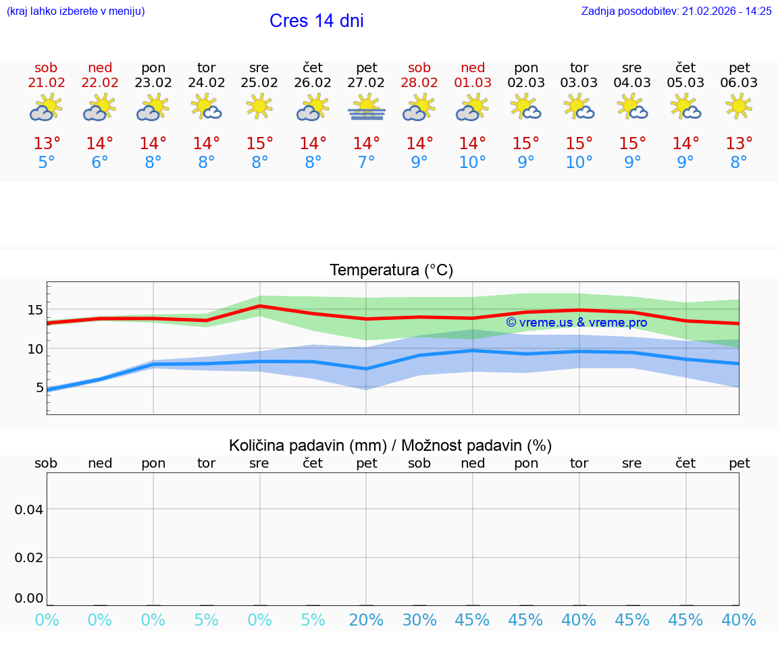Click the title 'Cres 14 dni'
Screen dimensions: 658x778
click(316, 21)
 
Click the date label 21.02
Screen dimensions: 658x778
click(46, 83)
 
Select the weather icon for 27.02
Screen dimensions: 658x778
click(367, 108)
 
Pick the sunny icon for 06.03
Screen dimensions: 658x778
click(739, 107)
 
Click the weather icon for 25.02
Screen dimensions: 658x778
click(259, 107)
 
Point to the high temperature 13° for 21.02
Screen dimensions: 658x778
click(47, 144)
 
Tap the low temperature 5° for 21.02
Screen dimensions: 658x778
click(47, 163)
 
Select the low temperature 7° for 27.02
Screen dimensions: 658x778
click(367, 163)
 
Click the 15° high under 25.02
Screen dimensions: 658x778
click(259, 144)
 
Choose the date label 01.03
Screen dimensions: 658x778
click(473, 83)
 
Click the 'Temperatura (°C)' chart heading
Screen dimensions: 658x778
click(391, 271)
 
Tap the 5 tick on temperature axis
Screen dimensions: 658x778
click(39, 387)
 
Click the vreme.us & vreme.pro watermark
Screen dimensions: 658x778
click(576, 323)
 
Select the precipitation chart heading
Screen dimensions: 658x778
click(390, 445)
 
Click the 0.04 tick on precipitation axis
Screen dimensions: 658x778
click(28, 510)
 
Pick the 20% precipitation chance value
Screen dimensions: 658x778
click(367, 620)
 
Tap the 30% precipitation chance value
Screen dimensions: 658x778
click(419, 620)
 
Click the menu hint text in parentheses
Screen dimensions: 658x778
click(75, 11)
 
